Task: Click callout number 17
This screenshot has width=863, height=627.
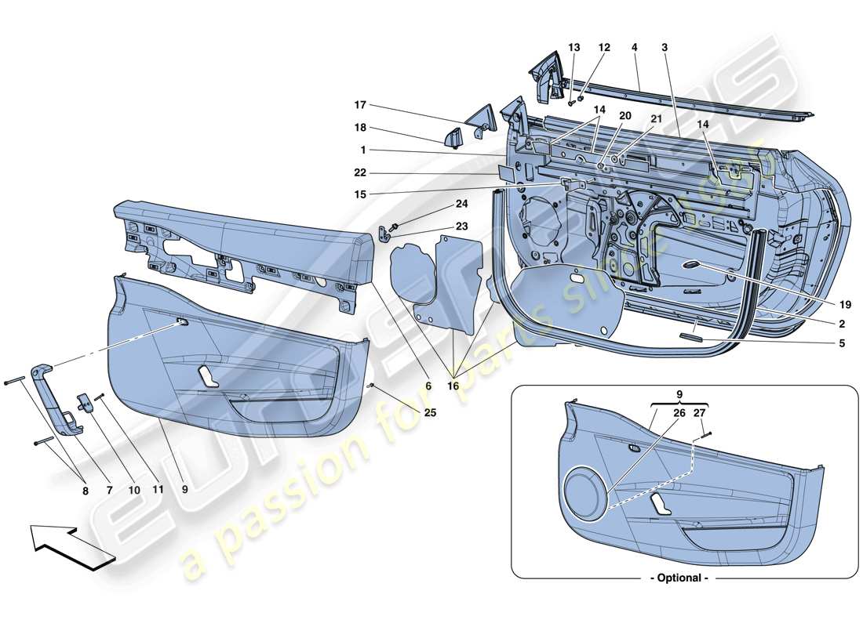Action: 360,105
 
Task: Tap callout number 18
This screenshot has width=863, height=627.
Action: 360,126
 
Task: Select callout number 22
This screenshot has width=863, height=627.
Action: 360,173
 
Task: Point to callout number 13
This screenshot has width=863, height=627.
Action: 574,48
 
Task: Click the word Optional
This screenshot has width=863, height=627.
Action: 679,578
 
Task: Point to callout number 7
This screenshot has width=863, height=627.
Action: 109,490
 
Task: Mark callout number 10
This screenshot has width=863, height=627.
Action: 134,490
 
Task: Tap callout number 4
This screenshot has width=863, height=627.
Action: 634,48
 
